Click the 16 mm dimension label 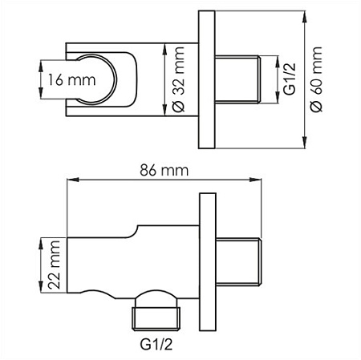pos(71,79)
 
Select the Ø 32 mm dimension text pos(177,79)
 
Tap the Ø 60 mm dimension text pos(317,79)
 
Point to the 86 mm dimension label pos(164,170)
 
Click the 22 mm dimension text pos(54,265)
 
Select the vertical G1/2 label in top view pos(289,79)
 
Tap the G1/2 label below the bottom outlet pos(156,344)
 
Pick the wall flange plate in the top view pos(207,79)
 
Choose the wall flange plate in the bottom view pos(208,262)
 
